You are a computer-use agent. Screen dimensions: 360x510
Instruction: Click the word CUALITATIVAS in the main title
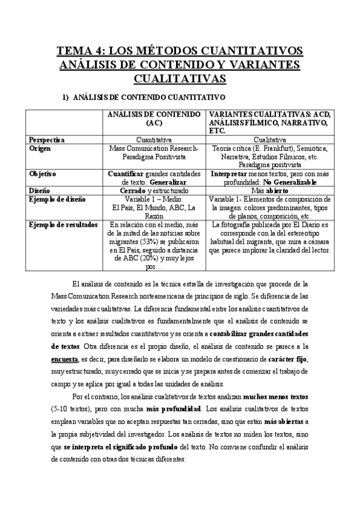179,78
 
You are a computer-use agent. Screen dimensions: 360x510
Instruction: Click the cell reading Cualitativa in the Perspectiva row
269,140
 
